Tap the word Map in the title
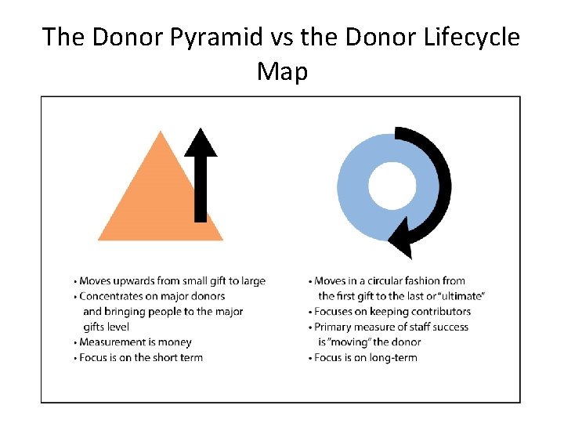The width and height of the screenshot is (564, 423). pyautogui.click(x=282, y=71)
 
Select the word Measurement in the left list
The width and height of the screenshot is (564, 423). pyautogui.click(x=110, y=342)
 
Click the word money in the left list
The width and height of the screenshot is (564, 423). pyautogui.click(x=175, y=342)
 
